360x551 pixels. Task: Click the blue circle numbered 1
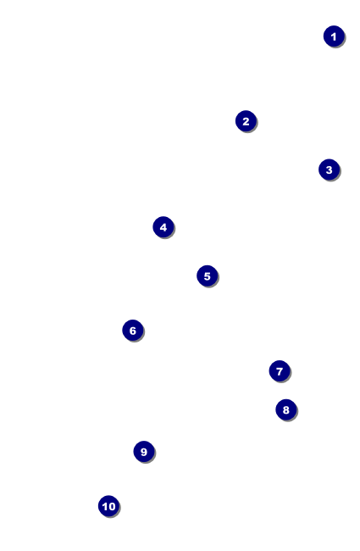click(334, 36)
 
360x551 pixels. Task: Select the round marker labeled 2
click(246, 121)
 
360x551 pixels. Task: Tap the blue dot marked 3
click(330, 170)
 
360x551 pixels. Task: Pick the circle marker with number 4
click(163, 227)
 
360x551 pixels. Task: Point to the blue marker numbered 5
click(208, 275)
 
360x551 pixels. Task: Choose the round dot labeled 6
click(133, 331)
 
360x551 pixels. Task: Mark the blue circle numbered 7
click(280, 371)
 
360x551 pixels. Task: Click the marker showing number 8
click(286, 409)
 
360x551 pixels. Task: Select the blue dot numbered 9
click(144, 452)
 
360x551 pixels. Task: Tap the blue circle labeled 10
click(109, 506)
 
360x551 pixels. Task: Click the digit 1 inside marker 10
click(105, 506)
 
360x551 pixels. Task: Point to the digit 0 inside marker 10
click(111, 506)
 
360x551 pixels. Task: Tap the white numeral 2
click(246, 121)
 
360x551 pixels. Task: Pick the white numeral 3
click(330, 170)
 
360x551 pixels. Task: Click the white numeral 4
click(163, 227)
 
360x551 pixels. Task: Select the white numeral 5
click(208, 276)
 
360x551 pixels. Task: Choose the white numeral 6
click(133, 331)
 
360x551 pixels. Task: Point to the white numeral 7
click(280, 371)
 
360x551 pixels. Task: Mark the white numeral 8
click(286, 410)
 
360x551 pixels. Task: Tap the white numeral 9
click(144, 452)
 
